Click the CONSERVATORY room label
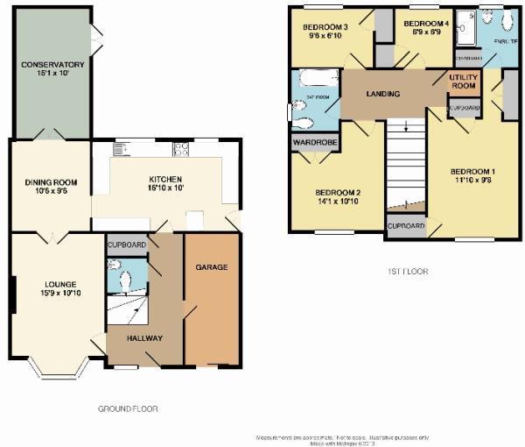coord(52,64)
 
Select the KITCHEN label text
coord(161,178)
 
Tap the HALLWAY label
coord(143,338)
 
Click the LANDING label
coord(383,94)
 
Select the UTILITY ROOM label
coord(464,82)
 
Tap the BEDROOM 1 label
coord(472,171)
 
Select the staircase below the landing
coord(404,167)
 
